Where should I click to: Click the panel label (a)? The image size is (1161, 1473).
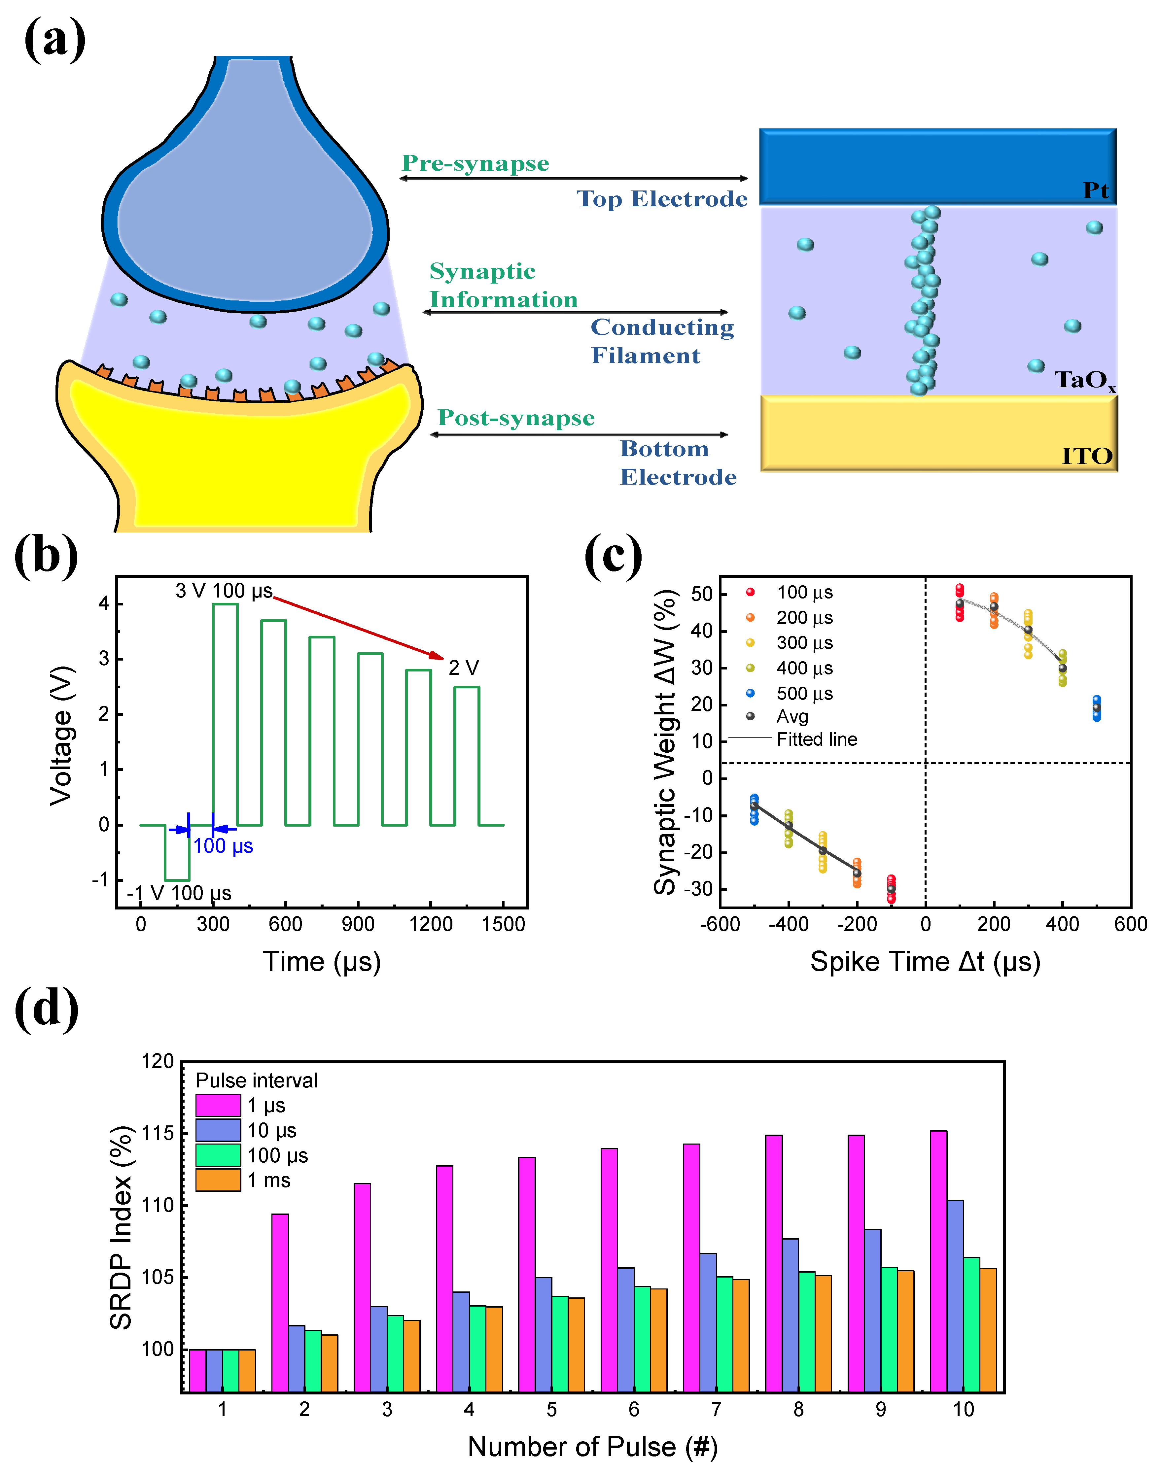pos(54,39)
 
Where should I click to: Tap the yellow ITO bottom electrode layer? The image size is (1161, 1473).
pos(938,433)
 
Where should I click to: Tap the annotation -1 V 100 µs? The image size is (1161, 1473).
pos(179,893)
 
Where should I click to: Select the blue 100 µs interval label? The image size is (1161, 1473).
pos(223,846)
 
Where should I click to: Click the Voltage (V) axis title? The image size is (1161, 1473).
pos(61,736)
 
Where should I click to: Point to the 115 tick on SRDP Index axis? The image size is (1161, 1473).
pos(158,1133)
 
